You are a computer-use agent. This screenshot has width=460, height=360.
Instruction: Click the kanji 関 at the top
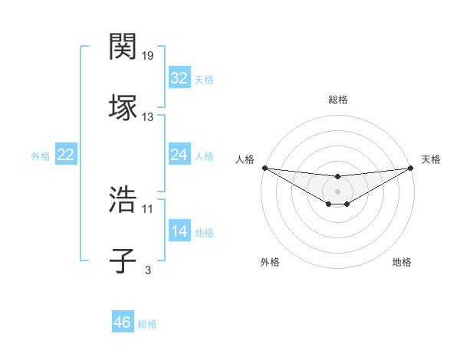pyautogui.click(x=123, y=47)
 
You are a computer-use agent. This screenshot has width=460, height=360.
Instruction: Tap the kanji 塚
pyautogui.click(x=123, y=107)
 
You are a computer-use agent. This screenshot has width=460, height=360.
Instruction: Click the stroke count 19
pyautogui.click(x=148, y=56)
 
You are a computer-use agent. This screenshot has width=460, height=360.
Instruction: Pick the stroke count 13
pyautogui.click(x=148, y=117)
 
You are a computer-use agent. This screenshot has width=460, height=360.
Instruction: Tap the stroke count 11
pyautogui.click(x=148, y=208)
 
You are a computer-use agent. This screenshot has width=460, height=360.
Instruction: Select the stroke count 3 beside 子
pyautogui.click(x=148, y=270)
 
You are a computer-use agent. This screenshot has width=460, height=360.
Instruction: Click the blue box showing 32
pyautogui.click(x=179, y=78)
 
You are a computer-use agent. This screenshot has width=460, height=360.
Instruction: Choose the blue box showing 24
pyautogui.click(x=179, y=155)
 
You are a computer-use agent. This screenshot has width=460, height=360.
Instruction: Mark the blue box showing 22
pyautogui.click(x=66, y=155)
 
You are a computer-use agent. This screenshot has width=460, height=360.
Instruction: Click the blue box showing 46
pyautogui.click(x=123, y=322)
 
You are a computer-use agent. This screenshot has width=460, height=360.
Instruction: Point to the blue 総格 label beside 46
pyautogui.click(x=147, y=324)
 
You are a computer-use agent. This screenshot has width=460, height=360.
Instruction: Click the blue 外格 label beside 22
pyautogui.click(x=41, y=156)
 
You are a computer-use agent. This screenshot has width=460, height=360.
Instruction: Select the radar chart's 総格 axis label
pyautogui.click(x=338, y=100)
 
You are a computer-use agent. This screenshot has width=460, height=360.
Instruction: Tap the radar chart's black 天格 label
pyautogui.click(x=431, y=159)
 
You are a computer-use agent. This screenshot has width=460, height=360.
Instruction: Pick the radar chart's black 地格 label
pyautogui.click(x=402, y=262)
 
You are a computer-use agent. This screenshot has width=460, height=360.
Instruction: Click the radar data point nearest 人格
pyautogui.click(x=264, y=168)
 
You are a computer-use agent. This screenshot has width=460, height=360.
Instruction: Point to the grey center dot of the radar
pyautogui.click(x=338, y=191)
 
